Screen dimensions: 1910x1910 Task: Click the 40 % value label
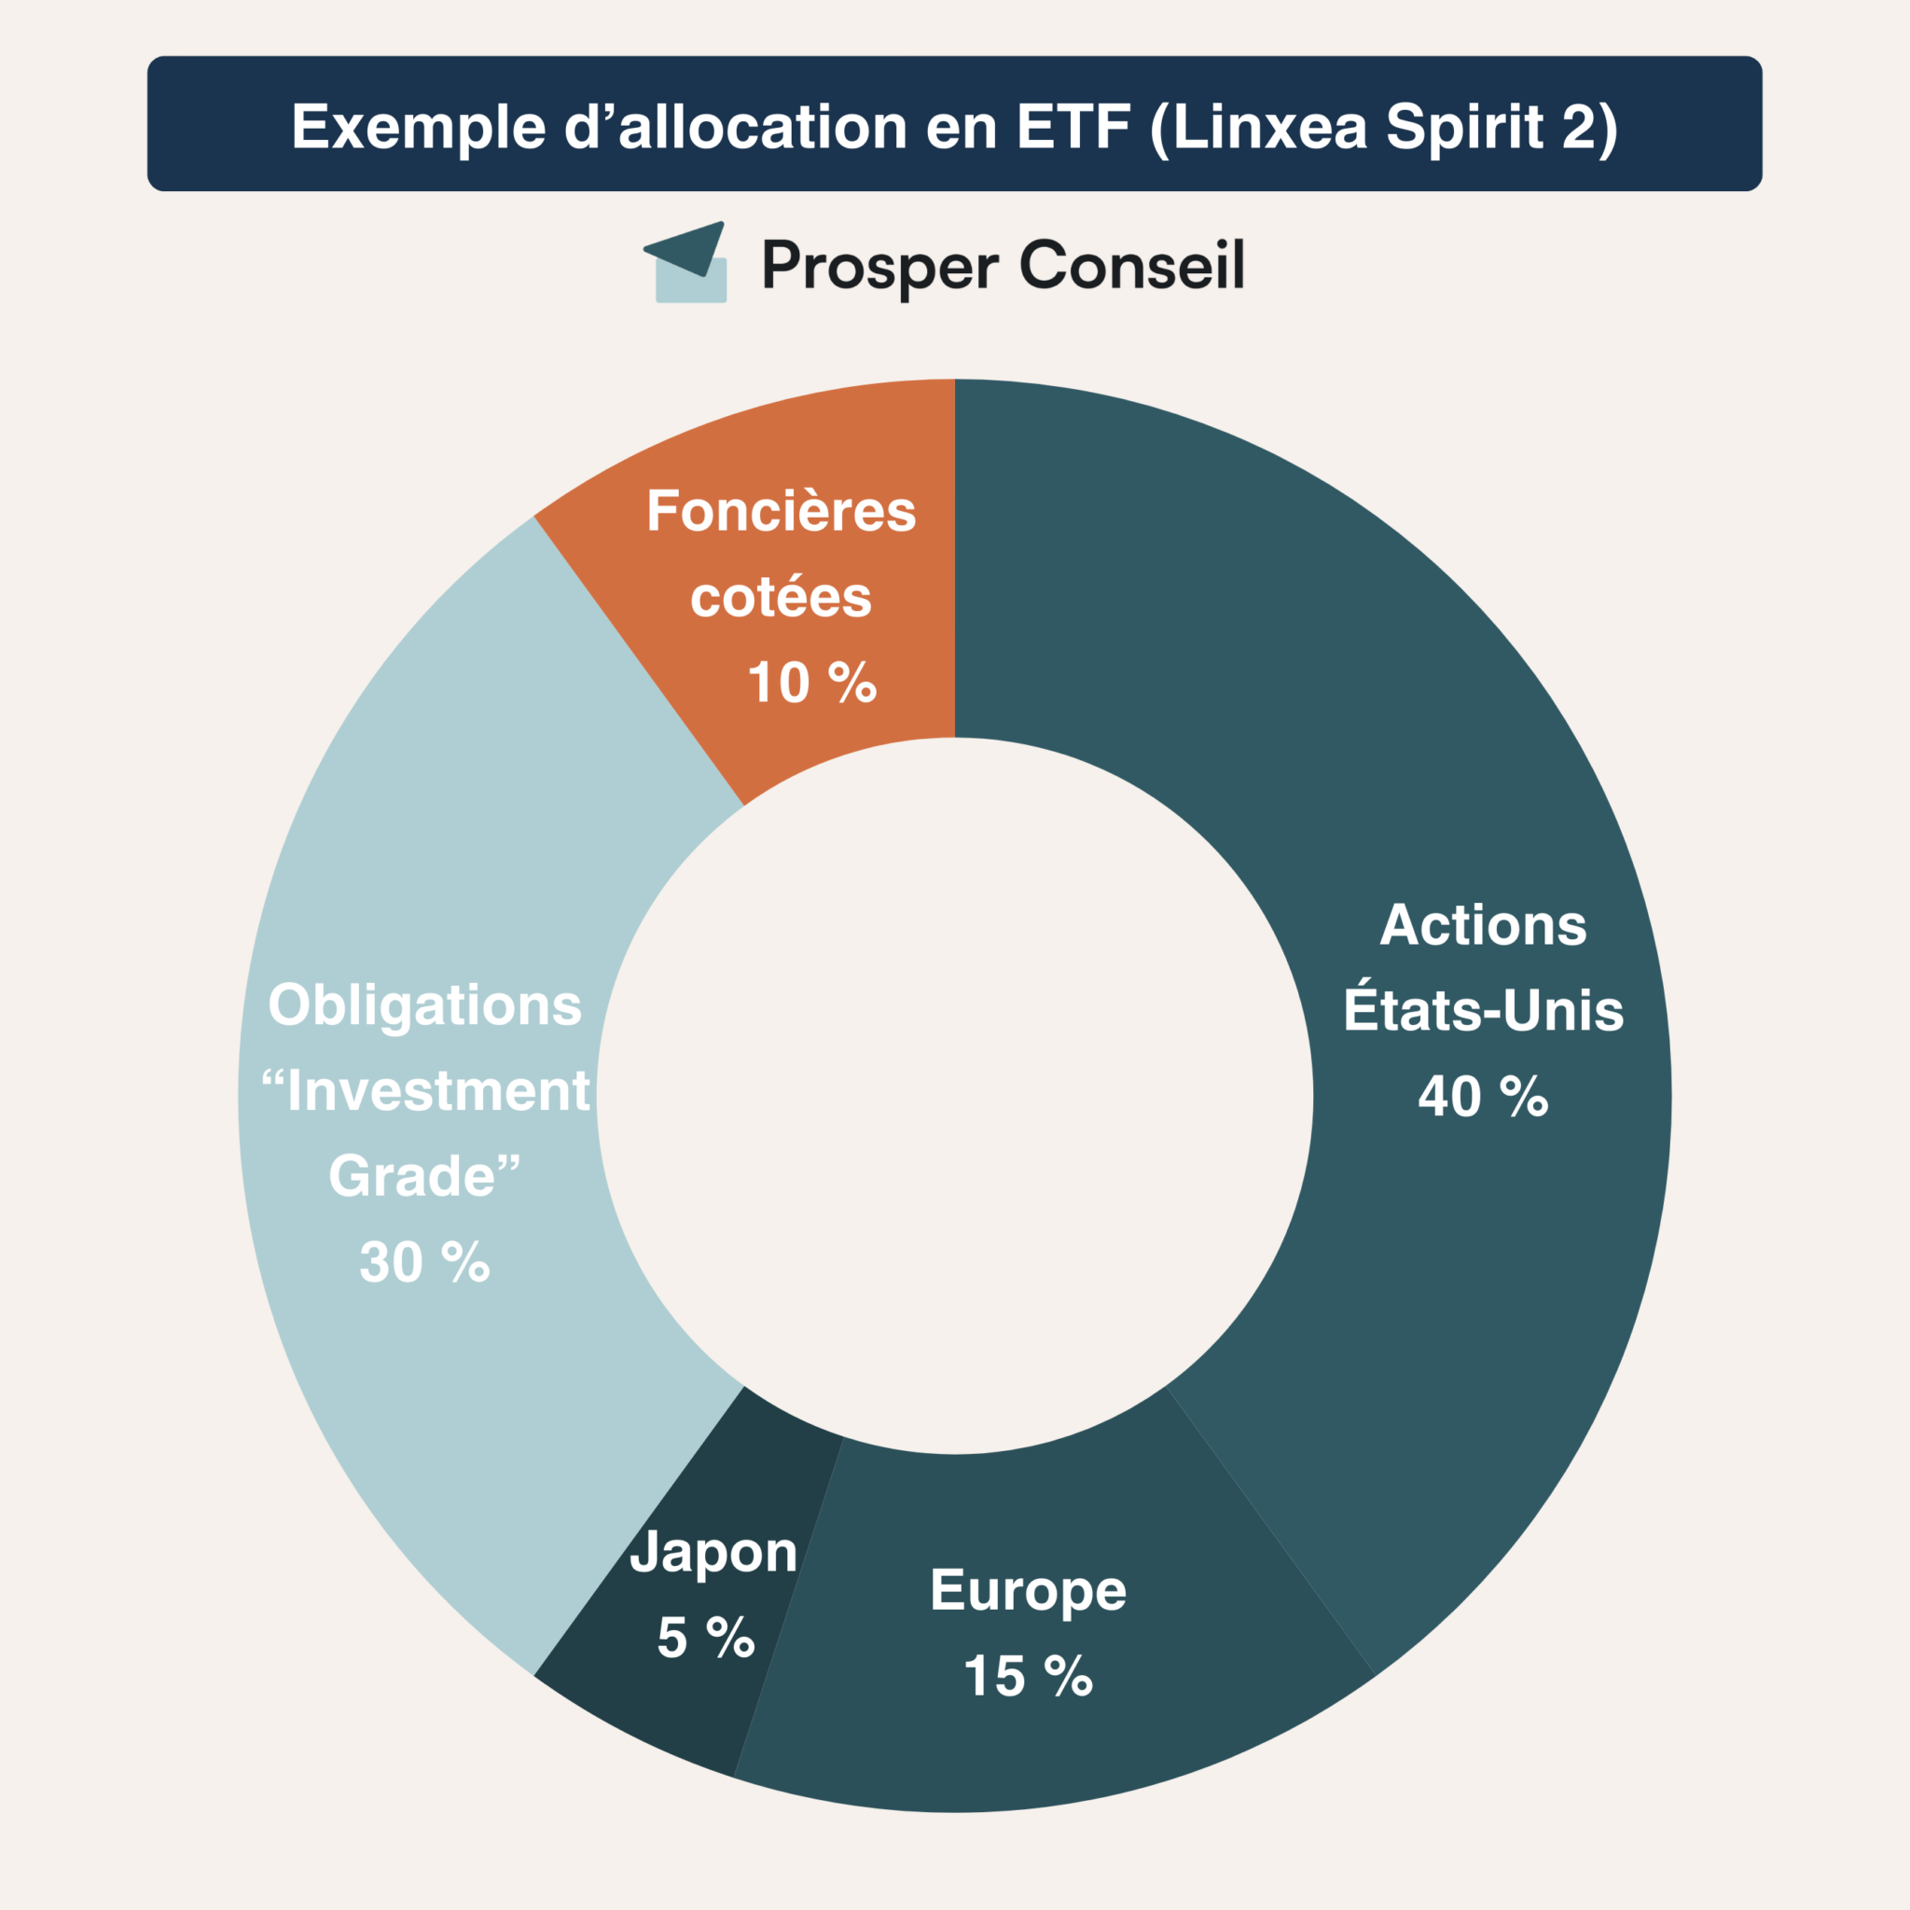(1483, 1097)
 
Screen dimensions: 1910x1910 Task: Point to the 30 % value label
(425, 1263)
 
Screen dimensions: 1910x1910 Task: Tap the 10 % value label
(811, 683)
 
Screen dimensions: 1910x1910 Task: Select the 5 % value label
(706, 1638)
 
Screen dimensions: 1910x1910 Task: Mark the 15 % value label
(1028, 1677)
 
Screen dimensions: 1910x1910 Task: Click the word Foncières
(781, 512)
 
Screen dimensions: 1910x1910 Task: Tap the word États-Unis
(1483, 1010)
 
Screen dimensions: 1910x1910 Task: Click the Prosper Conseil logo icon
(687, 262)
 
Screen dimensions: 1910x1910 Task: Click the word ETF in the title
(1073, 127)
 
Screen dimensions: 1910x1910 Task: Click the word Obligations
(425, 1005)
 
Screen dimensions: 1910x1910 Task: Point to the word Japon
(713, 1553)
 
